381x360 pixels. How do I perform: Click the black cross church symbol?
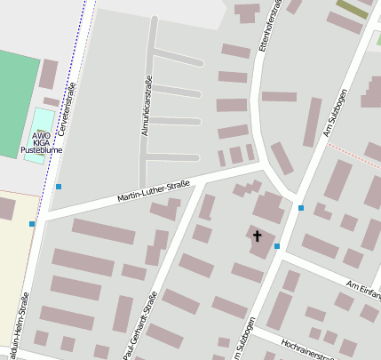tap(258, 236)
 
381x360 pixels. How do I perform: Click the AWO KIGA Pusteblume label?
tap(41, 143)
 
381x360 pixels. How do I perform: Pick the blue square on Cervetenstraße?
tap(59, 187)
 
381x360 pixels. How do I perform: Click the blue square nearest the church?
tap(277, 245)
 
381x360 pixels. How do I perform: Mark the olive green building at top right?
tap(352, 9)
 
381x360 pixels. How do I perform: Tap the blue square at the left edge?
tap(32, 224)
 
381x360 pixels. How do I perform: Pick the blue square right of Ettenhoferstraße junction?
tap(301, 208)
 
